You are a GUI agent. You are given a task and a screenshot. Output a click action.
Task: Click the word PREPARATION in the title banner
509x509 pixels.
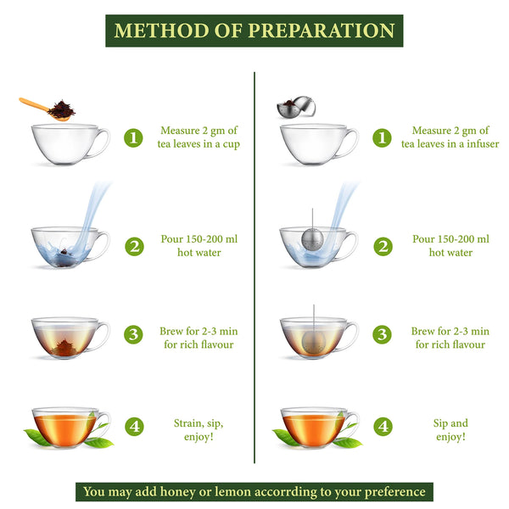pos(322,31)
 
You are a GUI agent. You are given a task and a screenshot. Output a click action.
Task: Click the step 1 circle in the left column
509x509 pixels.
pos(133,137)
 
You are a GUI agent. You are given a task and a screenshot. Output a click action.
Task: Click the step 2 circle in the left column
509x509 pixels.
pos(133,246)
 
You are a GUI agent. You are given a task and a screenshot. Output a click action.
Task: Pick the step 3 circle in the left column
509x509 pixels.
pos(133,335)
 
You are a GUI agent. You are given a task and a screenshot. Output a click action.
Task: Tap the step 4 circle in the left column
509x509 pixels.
pos(133,427)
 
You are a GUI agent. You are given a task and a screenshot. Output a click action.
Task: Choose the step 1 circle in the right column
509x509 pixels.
pos(383,137)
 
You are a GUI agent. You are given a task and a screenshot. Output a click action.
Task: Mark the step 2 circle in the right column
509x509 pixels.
pos(383,246)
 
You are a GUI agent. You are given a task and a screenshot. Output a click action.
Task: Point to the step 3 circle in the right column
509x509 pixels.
pos(383,335)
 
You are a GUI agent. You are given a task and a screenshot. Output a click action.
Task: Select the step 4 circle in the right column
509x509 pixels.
pos(383,427)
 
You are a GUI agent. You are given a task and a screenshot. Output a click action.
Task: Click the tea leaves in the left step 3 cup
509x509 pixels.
pos(64,346)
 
